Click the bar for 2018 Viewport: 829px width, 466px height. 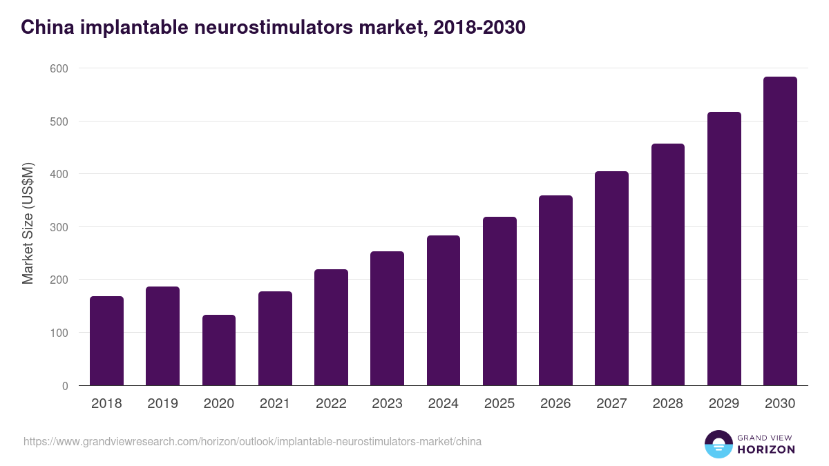(x=106, y=341)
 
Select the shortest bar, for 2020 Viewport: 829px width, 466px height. (x=219, y=350)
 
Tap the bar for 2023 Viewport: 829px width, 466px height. (x=387, y=318)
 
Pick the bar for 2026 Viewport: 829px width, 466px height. (x=555, y=291)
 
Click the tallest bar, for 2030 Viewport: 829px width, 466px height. (x=780, y=231)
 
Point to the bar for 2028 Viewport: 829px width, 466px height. (x=667, y=264)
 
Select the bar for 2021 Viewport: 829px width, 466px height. (x=275, y=338)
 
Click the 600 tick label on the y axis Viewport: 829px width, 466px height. (x=59, y=68)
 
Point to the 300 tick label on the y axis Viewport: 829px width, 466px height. (x=59, y=227)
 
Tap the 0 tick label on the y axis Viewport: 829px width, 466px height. (x=64, y=386)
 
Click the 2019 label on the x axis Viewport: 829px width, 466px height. (x=162, y=404)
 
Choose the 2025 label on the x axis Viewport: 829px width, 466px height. (x=499, y=404)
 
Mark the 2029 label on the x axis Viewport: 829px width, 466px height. (x=724, y=404)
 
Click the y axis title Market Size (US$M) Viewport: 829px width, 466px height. (x=28, y=223)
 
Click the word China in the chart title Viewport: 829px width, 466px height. (x=44, y=27)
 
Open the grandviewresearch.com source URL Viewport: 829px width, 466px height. (x=252, y=441)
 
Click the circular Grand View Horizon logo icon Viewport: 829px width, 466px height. (x=718, y=444)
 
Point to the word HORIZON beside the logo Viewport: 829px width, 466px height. (x=766, y=449)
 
